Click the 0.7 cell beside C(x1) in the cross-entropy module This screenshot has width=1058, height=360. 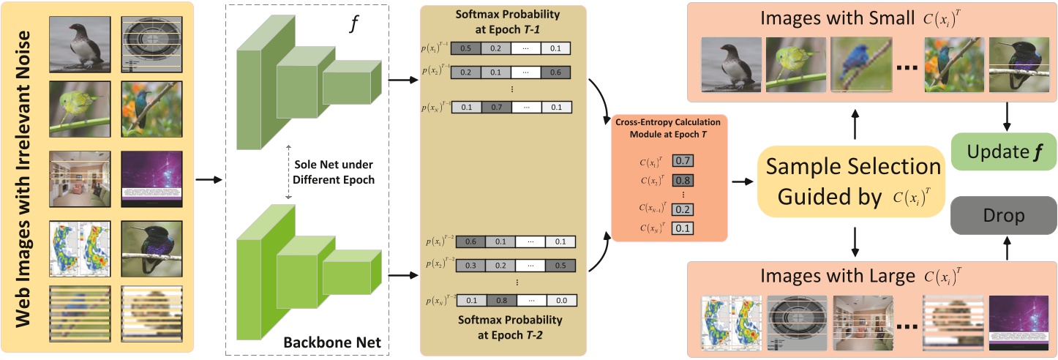(683, 160)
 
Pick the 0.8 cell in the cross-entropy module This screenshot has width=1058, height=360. (683, 181)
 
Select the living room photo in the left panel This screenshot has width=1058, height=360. (79, 178)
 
